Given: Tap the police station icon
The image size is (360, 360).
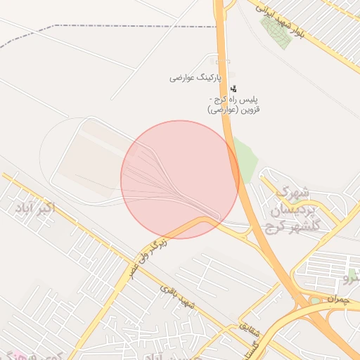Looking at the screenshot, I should [x=233, y=89].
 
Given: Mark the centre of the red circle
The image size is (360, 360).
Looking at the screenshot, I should [x=180, y=179].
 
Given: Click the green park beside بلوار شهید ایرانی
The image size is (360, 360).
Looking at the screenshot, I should [x=276, y=32].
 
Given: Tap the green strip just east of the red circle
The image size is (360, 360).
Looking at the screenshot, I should [x=244, y=159].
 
